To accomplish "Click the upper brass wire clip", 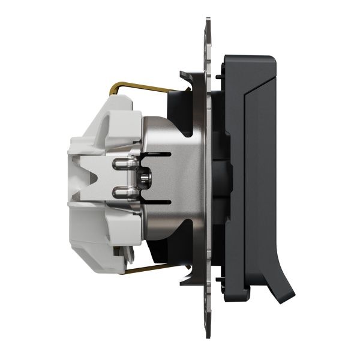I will click(144, 87).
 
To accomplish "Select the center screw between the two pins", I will click(144, 178).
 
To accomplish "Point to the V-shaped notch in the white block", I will click(90, 178).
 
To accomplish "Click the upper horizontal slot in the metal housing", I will click(157, 154).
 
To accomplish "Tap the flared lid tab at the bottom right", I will click(282, 288).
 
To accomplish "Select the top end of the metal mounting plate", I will click(208, 27).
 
